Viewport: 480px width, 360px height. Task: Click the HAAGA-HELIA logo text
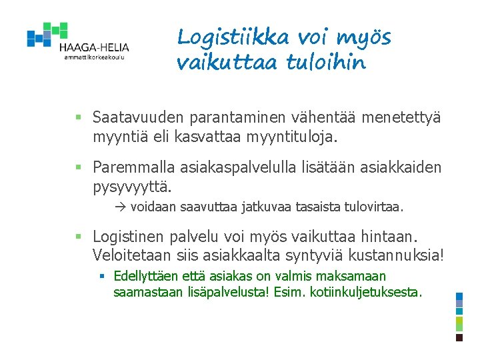(x=93, y=47)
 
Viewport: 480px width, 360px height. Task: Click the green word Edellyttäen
(x=146, y=276)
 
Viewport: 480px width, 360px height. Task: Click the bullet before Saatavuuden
(x=77, y=119)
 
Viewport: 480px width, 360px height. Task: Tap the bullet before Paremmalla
(x=77, y=167)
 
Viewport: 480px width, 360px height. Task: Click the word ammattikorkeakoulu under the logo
(x=94, y=57)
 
